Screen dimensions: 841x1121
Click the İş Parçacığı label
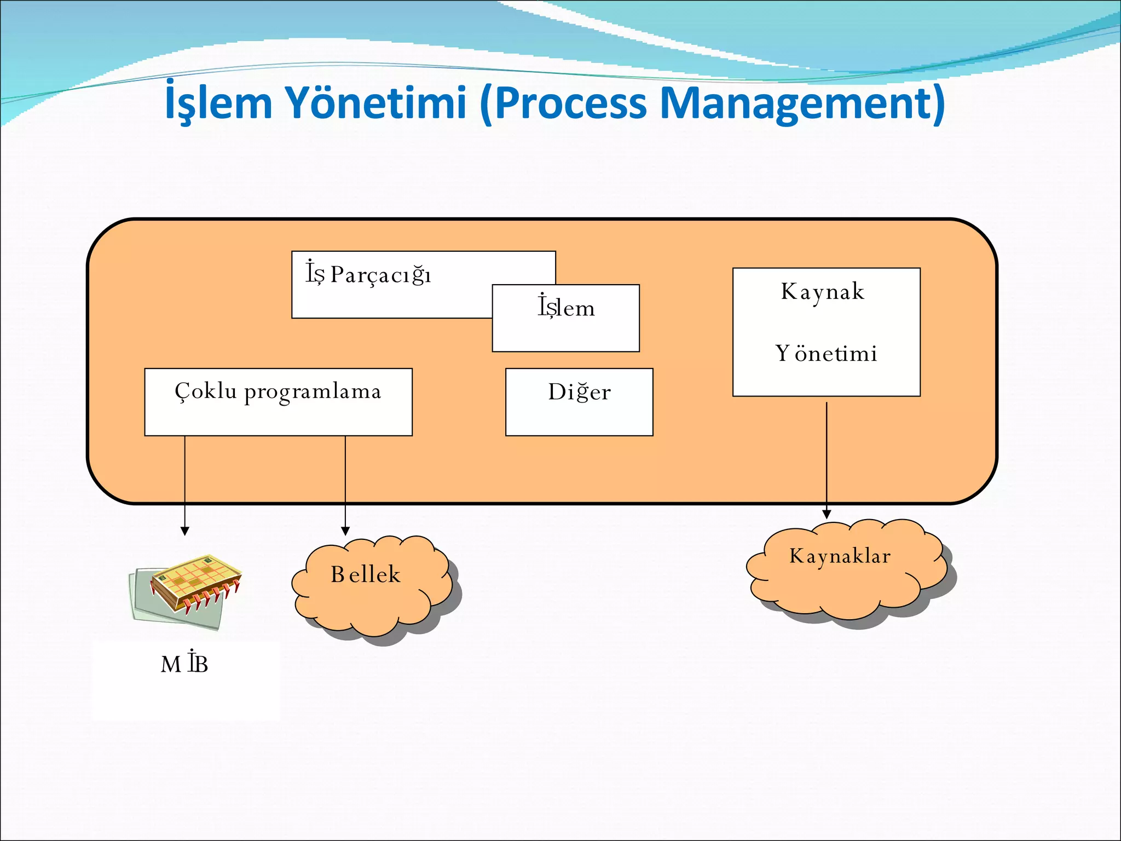(368, 274)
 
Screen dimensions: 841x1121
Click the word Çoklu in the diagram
(206, 391)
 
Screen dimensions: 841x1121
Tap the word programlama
(313, 392)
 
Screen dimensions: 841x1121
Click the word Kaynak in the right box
(823, 291)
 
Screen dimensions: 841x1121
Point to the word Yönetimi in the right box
(826, 354)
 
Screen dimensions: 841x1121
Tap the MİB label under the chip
(184, 664)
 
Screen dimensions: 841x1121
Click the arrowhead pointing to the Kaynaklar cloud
(827, 514)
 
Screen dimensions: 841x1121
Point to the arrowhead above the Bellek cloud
(345, 531)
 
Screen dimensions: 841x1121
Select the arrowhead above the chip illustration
(185, 531)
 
